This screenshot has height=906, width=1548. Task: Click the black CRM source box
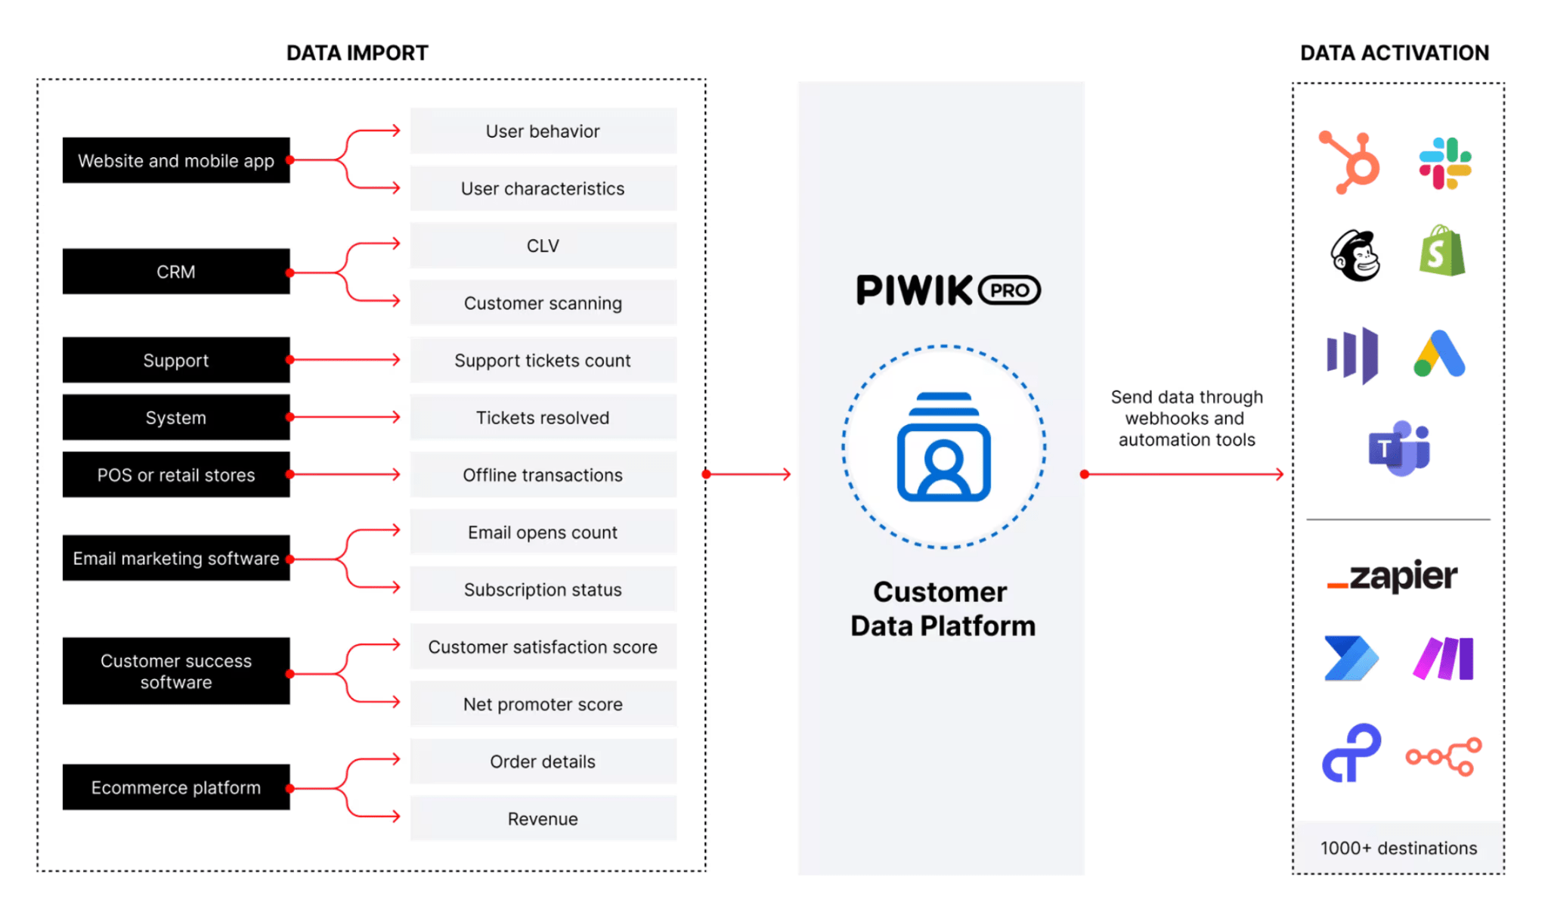pyautogui.click(x=175, y=271)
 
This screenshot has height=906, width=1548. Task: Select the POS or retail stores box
pyautogui.click(x=175, y=475)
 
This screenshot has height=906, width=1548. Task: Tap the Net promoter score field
pyautogui.click(x=543, y=704)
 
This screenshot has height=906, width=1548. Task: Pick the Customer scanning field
pyautogui.click(x=543, y=303)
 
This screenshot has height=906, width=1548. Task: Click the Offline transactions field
pyautogui.click(x=543, y=475)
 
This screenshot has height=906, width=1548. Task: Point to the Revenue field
pyautogui.click(x=543, y=819)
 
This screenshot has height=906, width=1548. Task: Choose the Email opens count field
pyautogui.click(x=543, y=532)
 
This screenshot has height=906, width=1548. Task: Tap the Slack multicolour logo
pyautogui.click(x=1444, y=163)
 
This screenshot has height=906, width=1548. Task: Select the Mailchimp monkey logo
pyautogui.click(x=1355, y=256)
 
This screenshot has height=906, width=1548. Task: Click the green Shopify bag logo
pyautogui.click(x=1441, y=252)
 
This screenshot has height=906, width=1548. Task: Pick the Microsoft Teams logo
pyautogui.click(x=1399, y=448)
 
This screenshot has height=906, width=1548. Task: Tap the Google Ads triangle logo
pyautogui.click(x=1440, y=354)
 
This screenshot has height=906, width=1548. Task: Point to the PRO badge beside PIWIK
pyautogui.click(x=1009, y=290)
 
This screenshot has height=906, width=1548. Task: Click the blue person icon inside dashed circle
pyautogui.click(x=943, y=447)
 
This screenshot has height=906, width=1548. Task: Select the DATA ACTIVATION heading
pyautogui.click(x=1394, y=53)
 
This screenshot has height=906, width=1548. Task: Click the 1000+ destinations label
pyautogui.click(x=1398, y=848)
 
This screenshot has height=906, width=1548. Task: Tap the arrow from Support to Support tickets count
pyautogui.click(x=345, y=360)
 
